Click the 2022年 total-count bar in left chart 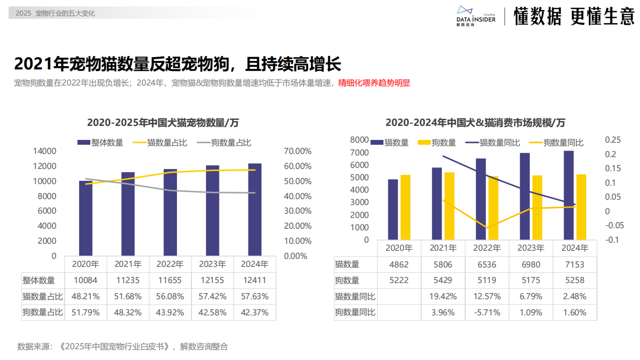170,212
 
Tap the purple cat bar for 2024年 568,195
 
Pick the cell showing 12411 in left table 254,280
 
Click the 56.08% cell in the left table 170,296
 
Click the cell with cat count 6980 530,265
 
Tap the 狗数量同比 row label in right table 355,312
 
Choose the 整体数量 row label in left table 39,280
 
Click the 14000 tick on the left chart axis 45,151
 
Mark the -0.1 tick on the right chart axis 611,239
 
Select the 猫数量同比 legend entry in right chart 493,143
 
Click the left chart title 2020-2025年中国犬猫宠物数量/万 163,123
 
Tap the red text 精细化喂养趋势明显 374,83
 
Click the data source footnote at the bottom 123,347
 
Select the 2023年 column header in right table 530,248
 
